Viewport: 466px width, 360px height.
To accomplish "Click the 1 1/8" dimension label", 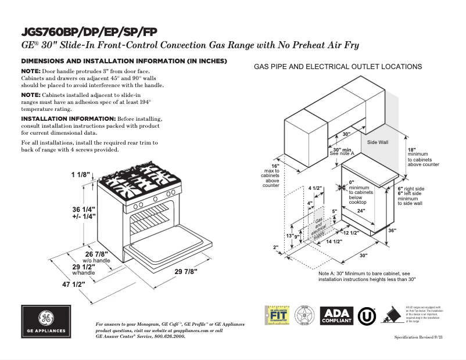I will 82,175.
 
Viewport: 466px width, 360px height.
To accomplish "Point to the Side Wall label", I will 378,142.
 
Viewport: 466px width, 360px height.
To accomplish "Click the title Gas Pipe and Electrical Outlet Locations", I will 338,67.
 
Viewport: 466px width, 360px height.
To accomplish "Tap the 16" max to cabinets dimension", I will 270,175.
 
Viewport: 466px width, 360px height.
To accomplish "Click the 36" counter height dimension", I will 408,231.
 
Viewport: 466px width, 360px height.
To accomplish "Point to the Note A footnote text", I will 367,276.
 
